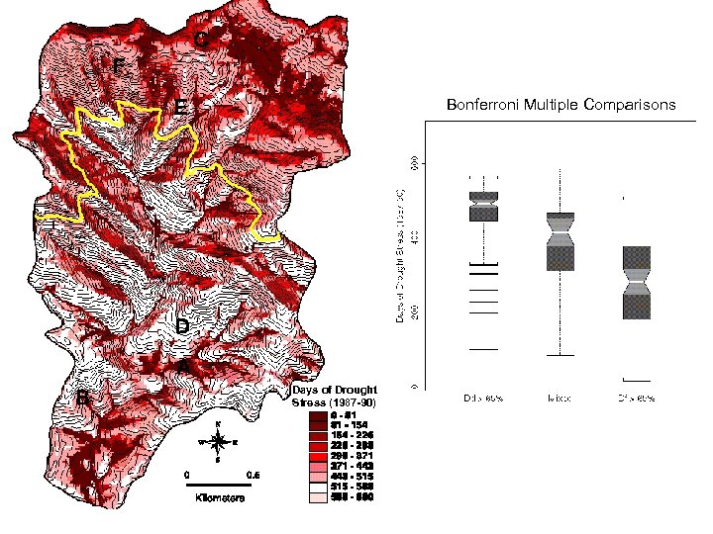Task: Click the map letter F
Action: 119,67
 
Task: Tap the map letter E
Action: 182,106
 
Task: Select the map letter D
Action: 183,326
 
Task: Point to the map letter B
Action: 83,399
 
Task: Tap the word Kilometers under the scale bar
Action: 219,497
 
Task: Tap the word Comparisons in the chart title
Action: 632,104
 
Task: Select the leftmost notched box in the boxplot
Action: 482,206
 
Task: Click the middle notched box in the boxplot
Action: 560,241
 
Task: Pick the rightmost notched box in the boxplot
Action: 636,282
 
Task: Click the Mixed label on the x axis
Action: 560,399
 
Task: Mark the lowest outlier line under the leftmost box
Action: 482,349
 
